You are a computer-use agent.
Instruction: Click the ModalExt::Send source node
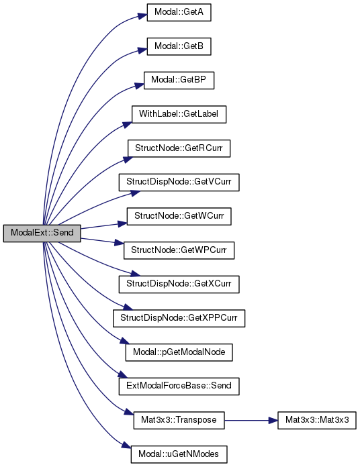click(x=42, y=234)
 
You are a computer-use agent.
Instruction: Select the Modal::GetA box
click(x=179, y=12)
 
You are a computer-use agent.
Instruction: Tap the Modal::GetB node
click(x=179, y=46)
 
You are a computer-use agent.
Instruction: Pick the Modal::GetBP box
click(x=179, y=80)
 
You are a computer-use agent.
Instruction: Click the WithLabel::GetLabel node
click(x=179, y=114)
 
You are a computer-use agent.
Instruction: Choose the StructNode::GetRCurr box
click(x=179, y=148)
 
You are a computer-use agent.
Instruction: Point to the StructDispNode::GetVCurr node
click(x=179, y=182)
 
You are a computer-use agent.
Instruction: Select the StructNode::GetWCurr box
click(x=179, y=216)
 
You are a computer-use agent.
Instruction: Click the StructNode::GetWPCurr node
click(x=179, y=250)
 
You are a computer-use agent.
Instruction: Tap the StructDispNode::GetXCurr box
click(x=179, y=284)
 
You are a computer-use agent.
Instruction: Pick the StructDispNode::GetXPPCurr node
click(x=179, y=318)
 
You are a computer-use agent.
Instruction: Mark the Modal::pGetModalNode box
click(x=179, y=352)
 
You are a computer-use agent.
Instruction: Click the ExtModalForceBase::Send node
click(x=179, y=386)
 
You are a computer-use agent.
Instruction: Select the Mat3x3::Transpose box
click(x=179, y=420)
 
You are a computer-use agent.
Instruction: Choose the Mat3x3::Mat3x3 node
click(x=317, y=420)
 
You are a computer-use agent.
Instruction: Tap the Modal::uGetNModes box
click(x=179, y=454)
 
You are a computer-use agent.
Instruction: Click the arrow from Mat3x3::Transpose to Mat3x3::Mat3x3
click(x=251, y=421)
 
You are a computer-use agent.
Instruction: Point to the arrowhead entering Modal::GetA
click(x=142, y=16)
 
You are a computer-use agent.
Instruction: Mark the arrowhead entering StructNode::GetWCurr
click(x=122, y=223)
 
